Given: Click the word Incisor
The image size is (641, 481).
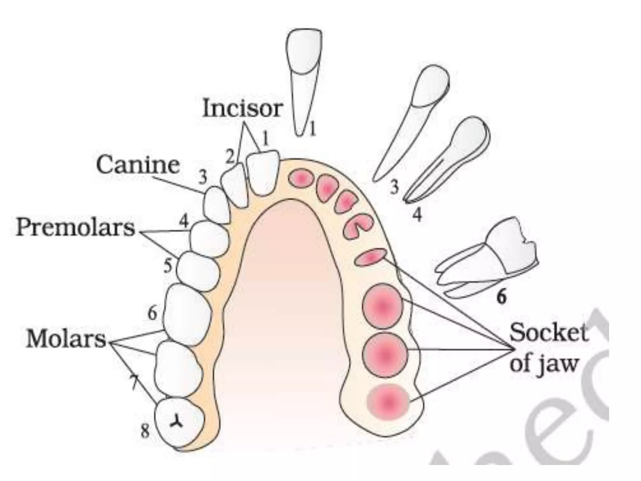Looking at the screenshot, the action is (243, 108).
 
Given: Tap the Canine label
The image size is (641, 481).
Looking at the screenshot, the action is (138, 165).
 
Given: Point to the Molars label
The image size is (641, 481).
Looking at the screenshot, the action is (66, 339).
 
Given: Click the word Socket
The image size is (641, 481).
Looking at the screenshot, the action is (548, 333).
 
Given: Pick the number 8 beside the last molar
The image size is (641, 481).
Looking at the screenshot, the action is (145, 432).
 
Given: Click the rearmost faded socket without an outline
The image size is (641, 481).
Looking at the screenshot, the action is (388, 402).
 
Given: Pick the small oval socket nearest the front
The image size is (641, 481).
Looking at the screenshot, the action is (301, 179).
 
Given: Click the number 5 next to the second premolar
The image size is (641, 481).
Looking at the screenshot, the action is (168, 266).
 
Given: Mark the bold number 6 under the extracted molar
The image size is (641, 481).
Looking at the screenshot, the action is (501, 296).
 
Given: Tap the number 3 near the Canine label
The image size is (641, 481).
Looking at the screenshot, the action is (203, 177).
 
